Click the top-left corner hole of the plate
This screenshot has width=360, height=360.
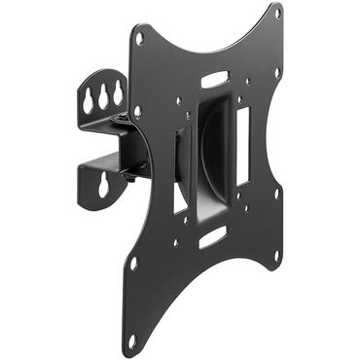[140, 38]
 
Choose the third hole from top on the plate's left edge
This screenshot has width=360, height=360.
[133, 262]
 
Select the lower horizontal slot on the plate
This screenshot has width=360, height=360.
[212, 236]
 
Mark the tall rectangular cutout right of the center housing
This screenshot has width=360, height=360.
[242, 136]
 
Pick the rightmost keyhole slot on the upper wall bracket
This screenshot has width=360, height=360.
[118, 90]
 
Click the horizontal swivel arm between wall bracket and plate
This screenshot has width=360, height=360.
[112, 146]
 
